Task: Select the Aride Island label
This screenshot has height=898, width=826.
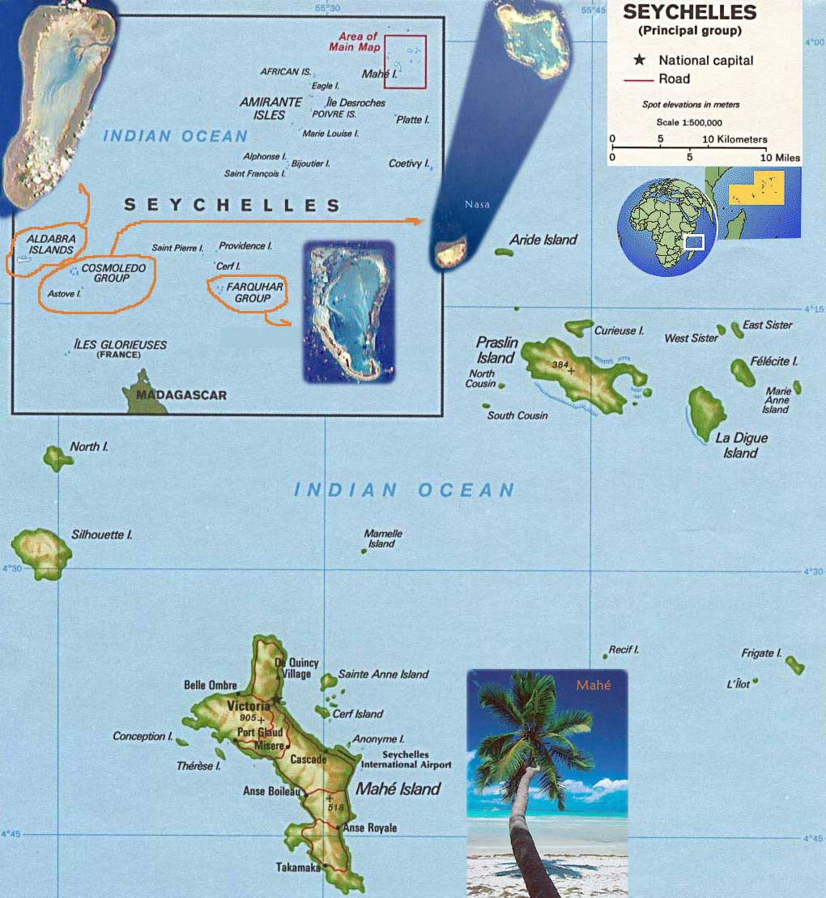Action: (x=543, y=240)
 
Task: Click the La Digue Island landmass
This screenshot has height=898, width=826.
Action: (x=706, y=411)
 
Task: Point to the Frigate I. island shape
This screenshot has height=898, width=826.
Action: (x=795, y=665)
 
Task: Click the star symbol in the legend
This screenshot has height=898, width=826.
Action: (x=641, y=61)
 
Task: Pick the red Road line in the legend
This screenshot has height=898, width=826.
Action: (x=641, y=79)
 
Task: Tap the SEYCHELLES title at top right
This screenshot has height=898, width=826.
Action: (x=689, y=13)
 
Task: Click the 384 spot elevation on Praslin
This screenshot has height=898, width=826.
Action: (x=560, y=365)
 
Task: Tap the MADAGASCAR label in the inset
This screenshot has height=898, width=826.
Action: (x=181, y=395)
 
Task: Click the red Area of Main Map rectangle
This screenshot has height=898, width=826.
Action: (x=405, y=62)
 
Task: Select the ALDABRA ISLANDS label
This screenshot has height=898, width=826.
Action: (x=50, y=245)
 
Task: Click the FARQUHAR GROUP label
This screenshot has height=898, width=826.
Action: (x=251, y=292)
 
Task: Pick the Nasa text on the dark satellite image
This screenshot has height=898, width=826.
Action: (x=477, y=205)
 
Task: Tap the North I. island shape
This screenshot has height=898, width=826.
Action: (x=57, y=458)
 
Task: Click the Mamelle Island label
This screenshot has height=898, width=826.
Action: (x=382, y=538)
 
